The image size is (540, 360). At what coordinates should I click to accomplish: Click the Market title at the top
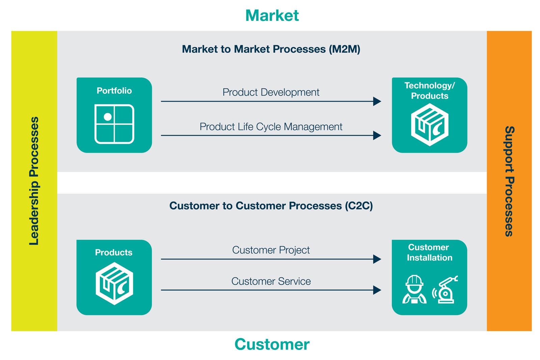[272, 16]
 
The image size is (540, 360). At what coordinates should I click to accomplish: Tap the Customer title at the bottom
[272, 344]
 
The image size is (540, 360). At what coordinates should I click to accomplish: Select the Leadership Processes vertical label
[34, 181]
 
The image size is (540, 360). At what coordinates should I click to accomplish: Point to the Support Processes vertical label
[509, 181]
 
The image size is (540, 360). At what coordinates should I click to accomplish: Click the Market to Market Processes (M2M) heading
[271, 49]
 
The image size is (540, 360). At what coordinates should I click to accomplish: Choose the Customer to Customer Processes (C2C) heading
[271, 206]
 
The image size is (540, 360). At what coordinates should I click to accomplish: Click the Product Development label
[271, 92]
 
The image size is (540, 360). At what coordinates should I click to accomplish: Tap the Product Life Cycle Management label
[271, 127]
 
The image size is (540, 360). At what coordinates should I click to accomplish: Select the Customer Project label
[271, 250]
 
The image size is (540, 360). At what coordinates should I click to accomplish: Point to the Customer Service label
[271, 281]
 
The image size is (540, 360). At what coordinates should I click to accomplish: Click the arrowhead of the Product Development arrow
[377, 101]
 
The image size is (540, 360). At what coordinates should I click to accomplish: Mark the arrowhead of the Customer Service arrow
[377, 290]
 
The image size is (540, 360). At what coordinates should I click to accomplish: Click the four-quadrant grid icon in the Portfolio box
[114, 124]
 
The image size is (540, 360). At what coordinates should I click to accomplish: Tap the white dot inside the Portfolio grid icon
[108, 117]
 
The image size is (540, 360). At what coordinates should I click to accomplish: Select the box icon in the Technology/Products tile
[430, 124]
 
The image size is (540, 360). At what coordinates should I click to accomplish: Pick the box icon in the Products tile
[114, 283]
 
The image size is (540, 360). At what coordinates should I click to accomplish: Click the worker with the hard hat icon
[414, 289]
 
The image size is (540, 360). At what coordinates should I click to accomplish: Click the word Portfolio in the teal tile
[114, 91]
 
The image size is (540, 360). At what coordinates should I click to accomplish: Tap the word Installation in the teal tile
[429, 258]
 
